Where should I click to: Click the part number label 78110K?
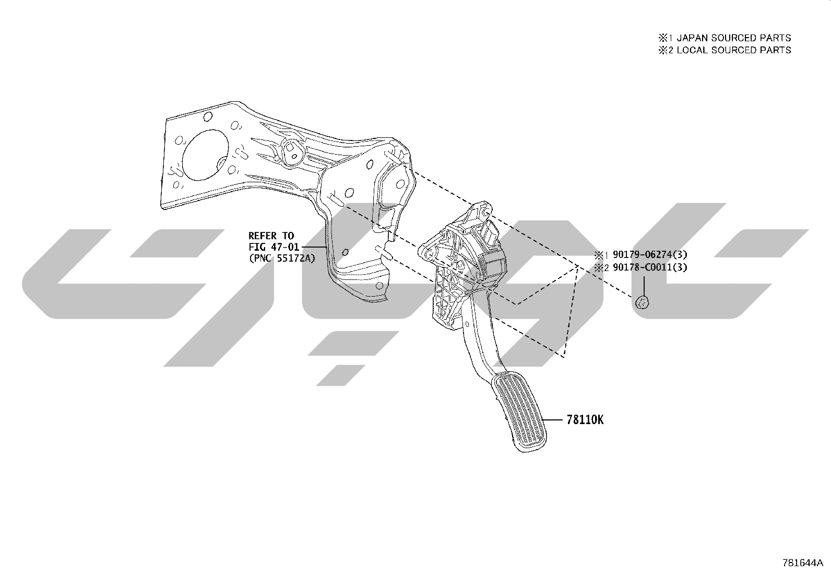585,420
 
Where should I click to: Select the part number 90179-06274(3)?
650,255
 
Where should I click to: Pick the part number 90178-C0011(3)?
650,267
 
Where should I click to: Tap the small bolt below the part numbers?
643,302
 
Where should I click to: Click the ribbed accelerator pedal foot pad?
519,412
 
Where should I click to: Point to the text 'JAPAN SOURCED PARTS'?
734,38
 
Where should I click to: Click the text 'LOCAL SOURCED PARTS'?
734,50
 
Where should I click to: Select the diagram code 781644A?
803,563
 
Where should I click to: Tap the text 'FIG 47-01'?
274,247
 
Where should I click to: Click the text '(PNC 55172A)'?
282,258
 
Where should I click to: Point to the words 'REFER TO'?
271,236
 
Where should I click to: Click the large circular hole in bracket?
205,155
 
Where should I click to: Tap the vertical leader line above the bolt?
644,285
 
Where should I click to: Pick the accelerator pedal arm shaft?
479,334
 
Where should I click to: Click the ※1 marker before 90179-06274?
601,255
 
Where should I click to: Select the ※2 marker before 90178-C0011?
601,268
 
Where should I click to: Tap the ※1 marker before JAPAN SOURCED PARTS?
666,38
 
